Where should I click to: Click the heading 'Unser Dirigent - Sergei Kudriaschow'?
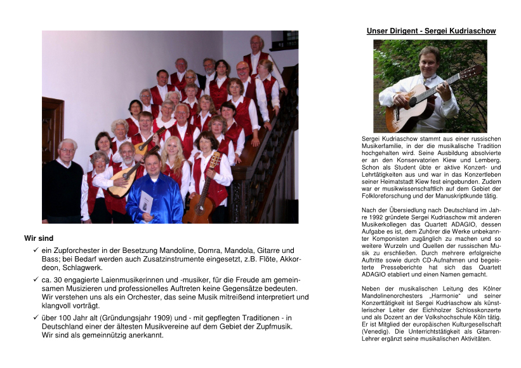(431, 31)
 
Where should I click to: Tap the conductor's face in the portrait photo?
(429, 59)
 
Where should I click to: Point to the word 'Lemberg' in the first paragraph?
(485, 160)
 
